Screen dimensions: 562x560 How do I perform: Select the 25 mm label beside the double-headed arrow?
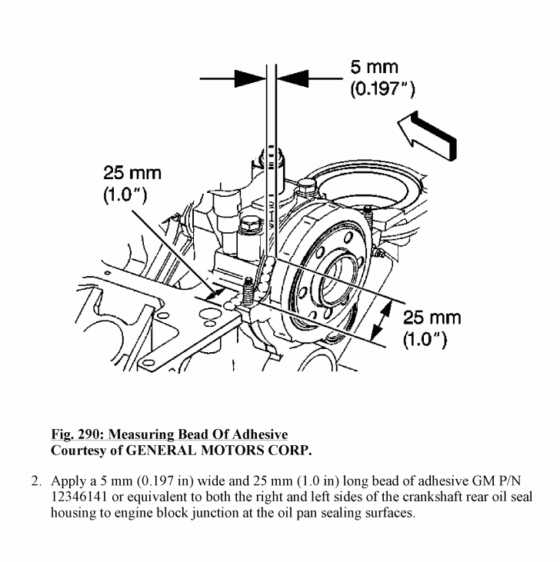[x=432, y=318]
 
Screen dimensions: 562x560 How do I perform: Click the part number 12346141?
[x=81, y=498]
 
